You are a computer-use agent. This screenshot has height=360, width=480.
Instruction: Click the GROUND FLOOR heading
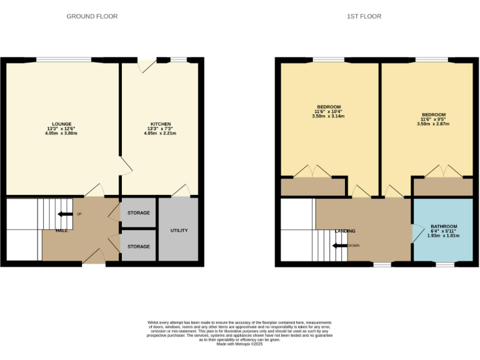(92, 16)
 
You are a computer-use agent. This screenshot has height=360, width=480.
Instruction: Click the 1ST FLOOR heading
(364, 16)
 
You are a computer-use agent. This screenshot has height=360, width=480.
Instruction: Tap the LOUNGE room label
(61, 124)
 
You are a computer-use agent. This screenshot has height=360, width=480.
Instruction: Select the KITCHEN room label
(161, 124)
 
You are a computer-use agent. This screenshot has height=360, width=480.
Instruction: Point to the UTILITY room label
(179, 231)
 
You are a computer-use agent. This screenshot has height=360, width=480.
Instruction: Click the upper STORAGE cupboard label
(138, 213)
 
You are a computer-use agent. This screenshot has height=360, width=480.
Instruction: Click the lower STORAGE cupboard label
(138, 247)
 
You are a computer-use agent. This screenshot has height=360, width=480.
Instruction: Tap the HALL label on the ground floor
(61, 231)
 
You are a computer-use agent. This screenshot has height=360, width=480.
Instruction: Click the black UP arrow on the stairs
(64, 214)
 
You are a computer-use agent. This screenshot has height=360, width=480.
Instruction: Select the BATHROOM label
(443, 226)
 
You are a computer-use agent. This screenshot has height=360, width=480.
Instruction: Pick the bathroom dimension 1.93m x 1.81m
(443, 236)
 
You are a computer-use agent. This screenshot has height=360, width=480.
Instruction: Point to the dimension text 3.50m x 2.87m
(433, 124)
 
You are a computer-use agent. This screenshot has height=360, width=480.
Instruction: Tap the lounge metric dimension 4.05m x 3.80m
(61, 134)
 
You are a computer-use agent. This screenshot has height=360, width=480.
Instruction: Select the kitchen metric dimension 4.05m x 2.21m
(161, 134)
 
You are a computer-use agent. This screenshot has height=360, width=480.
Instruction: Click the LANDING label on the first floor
(344, 231)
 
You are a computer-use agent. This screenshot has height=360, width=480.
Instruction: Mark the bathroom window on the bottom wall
(444, 265)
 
